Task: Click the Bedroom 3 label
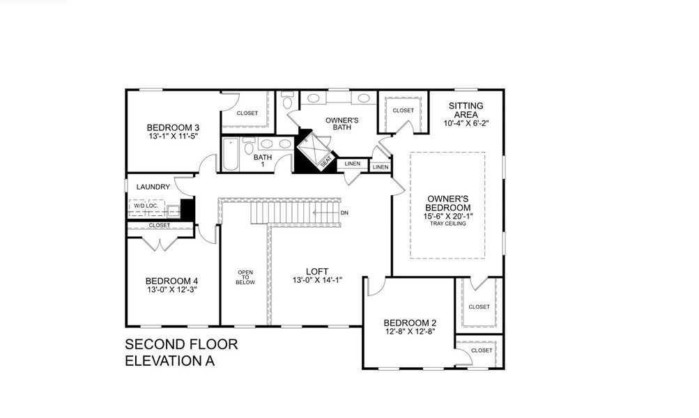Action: [x=173, y=127]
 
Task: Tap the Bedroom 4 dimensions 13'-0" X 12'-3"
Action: [x=172, y=289]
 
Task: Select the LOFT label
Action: [x=316, y=272]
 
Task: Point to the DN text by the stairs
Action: [x=344, y=212]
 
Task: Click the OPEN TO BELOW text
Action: [x=245, y=277]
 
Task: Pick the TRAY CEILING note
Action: [x=448, y=224]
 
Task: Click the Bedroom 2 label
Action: [x=410, y=323]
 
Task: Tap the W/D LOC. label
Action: [x=146, y=207]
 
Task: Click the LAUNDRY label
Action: [x=153, y=187]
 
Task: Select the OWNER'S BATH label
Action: [x=342, y=124]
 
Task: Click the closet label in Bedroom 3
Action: [x=247, y=113]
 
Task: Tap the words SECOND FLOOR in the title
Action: [x=181, y=344]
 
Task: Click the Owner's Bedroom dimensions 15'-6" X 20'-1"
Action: [x=448, y=216]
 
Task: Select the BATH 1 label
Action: [x=263, y=160]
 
